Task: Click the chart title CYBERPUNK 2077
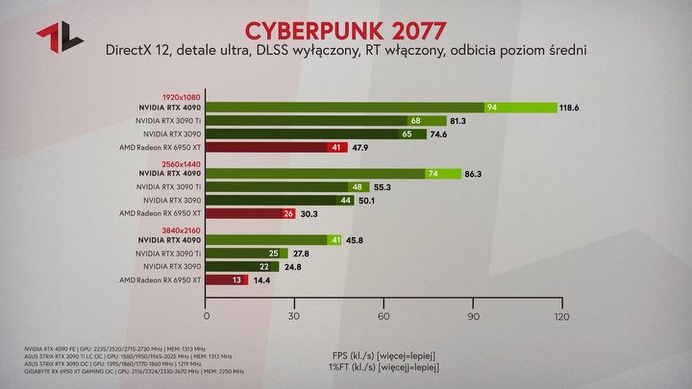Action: point(346,24)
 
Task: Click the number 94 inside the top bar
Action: point(492,108)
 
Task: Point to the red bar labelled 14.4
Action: point(227,280)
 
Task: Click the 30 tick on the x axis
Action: point(295,315)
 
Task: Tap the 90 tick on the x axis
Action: point(473,315)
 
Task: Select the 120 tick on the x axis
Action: point(561,315)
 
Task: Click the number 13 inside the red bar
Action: point(236,280)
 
